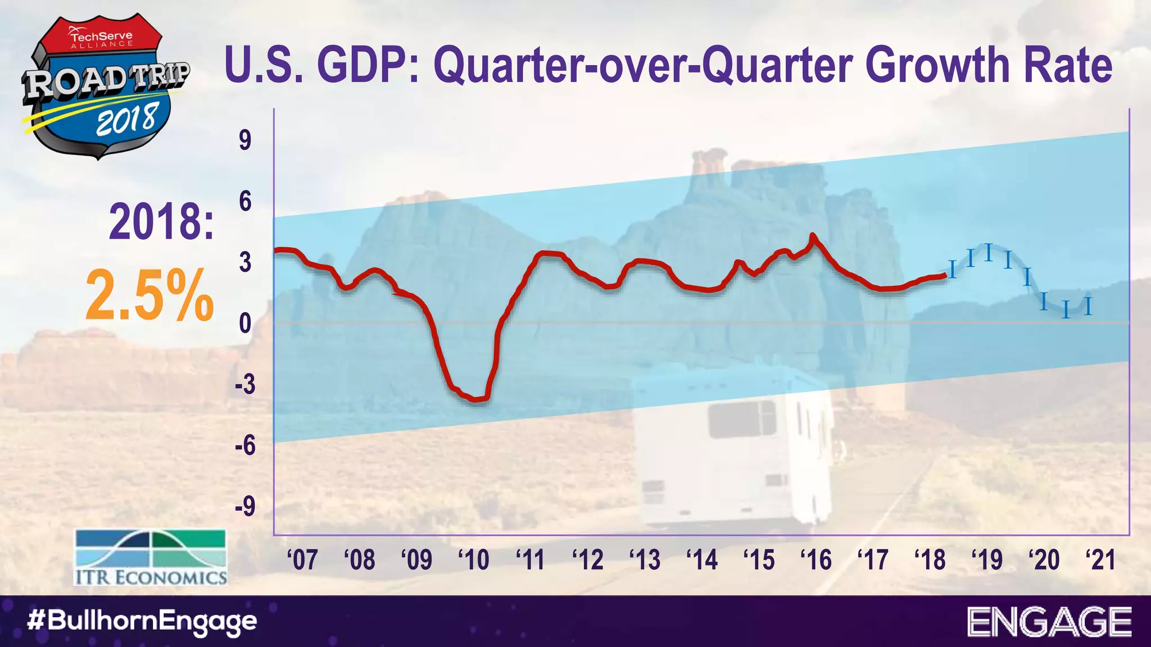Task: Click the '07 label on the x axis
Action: click(302, 559)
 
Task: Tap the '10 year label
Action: click(473, 559)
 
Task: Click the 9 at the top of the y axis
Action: click(245, 140)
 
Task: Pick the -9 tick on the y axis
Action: click(245, 507)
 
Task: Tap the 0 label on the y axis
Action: click(245, 324)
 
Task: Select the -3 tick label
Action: click(245, 385)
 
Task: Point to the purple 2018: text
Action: click(161, 223)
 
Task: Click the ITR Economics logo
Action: click(151, 557)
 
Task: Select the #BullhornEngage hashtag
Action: click(142, 621)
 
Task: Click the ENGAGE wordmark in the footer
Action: click(1049, 622)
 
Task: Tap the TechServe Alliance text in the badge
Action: click(101, 38)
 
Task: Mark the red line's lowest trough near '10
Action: click(477, 399)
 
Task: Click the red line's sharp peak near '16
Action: click(812, 236)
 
